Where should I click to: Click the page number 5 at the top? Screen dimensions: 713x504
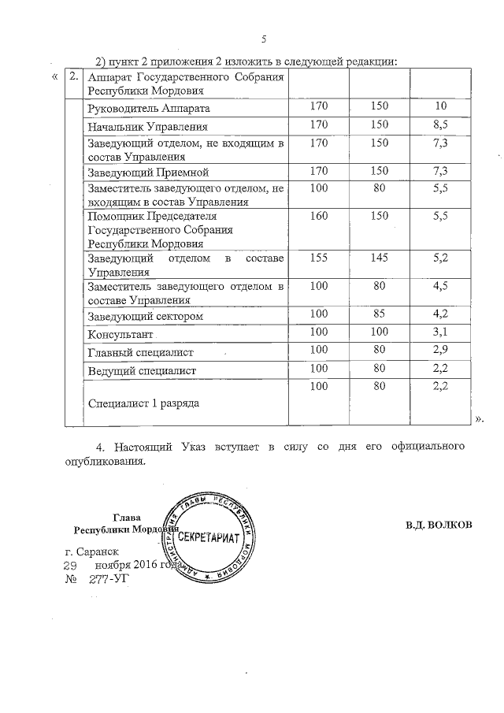(x=265, y=39)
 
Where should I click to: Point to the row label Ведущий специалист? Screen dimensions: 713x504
(x=142, y=369)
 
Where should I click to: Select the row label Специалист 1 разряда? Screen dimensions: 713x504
(x=143, y=403)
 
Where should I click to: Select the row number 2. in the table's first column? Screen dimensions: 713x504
(x=73, y=77)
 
